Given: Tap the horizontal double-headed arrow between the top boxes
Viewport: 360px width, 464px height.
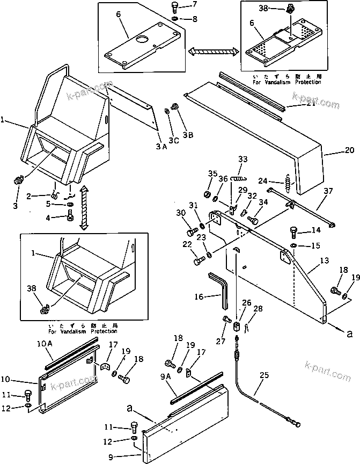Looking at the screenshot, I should [213, 52].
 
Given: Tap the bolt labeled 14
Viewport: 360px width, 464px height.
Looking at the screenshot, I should [294, 233].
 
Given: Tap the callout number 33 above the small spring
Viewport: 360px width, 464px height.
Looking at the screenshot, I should [243, 160].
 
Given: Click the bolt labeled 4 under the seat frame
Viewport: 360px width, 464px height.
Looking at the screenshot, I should [70, 218].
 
